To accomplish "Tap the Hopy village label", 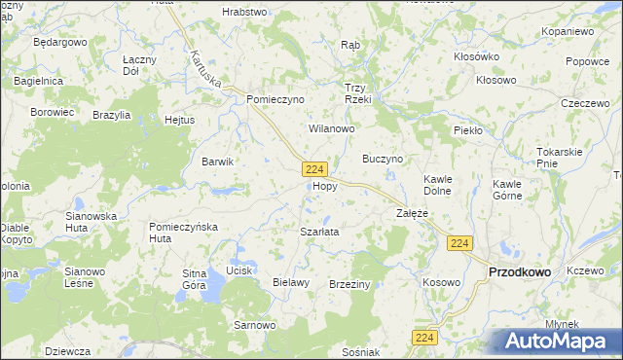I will pyautogui.click(x=325, y=186).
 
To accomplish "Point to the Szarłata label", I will pyautogui.click(x=319, y=232).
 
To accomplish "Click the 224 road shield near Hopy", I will pyautogui.click(x=313, y=169).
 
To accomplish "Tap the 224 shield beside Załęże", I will pyautogui.click(x=461, y=243).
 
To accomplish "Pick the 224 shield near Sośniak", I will pyautogui.click(x=423, y=337).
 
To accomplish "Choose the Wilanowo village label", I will pyautogui.click(x=332, y=128).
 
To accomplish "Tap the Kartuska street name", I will pyautogui.click(x=207, y=67).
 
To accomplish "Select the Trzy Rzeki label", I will pyautogui.click(x=359, y=92).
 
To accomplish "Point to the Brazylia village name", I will pyautogui.click(x=112, y=115).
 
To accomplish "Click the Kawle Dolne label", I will pyautogui.click(x=436, y=185).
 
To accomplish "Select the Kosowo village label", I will pyautogui.click(x=441, y=281).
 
